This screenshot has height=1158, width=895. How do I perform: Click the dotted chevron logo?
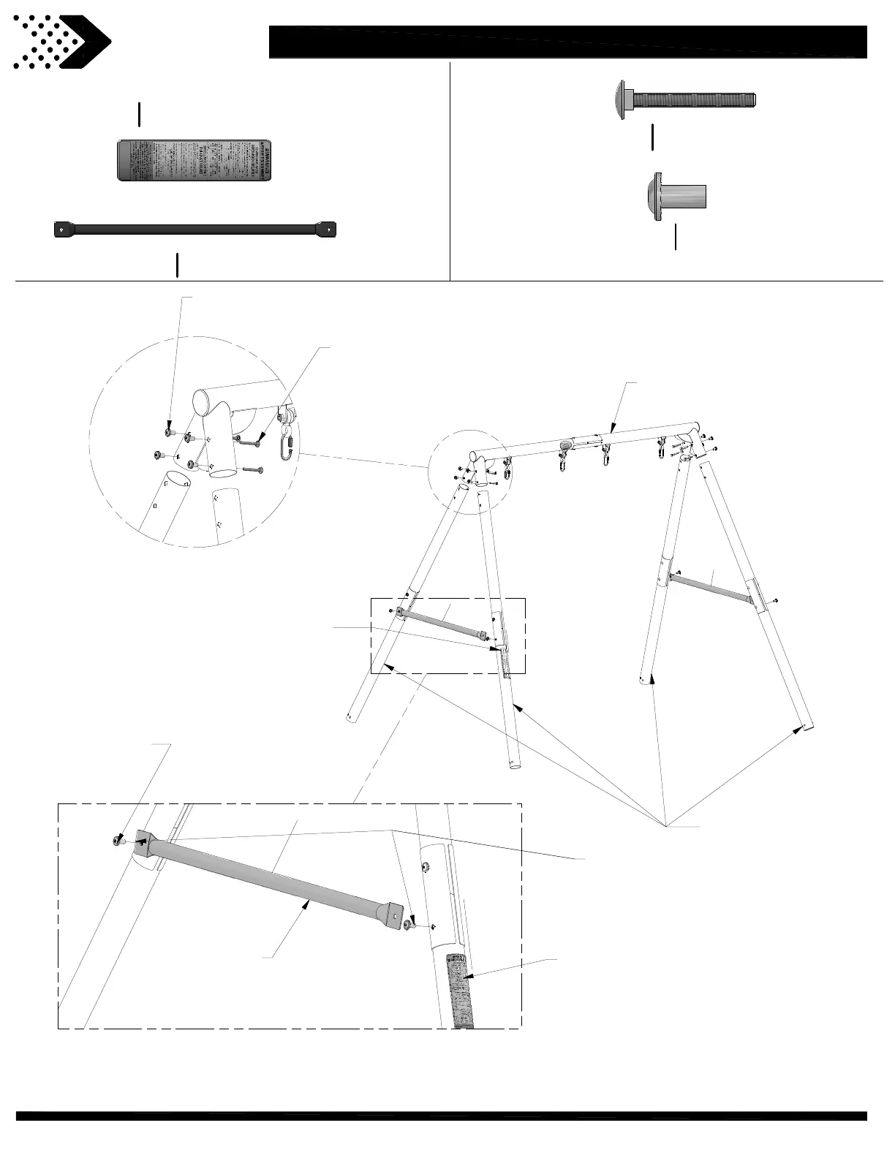click(61, 42)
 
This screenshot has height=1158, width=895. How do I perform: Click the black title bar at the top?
click(567, 42)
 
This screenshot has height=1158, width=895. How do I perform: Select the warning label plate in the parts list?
click(195, 159)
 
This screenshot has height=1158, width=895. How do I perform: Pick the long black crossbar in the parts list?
click(195, 229)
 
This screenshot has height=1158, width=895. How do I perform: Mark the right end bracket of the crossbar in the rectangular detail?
click(394, 915)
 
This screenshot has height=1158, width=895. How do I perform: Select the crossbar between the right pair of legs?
click(709, 587)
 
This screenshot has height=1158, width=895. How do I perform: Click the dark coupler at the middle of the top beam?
click(566, 444)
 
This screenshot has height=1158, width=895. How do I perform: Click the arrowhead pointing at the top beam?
click(613, 431)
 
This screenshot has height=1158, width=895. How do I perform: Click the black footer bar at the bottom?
click(442, 1116)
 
